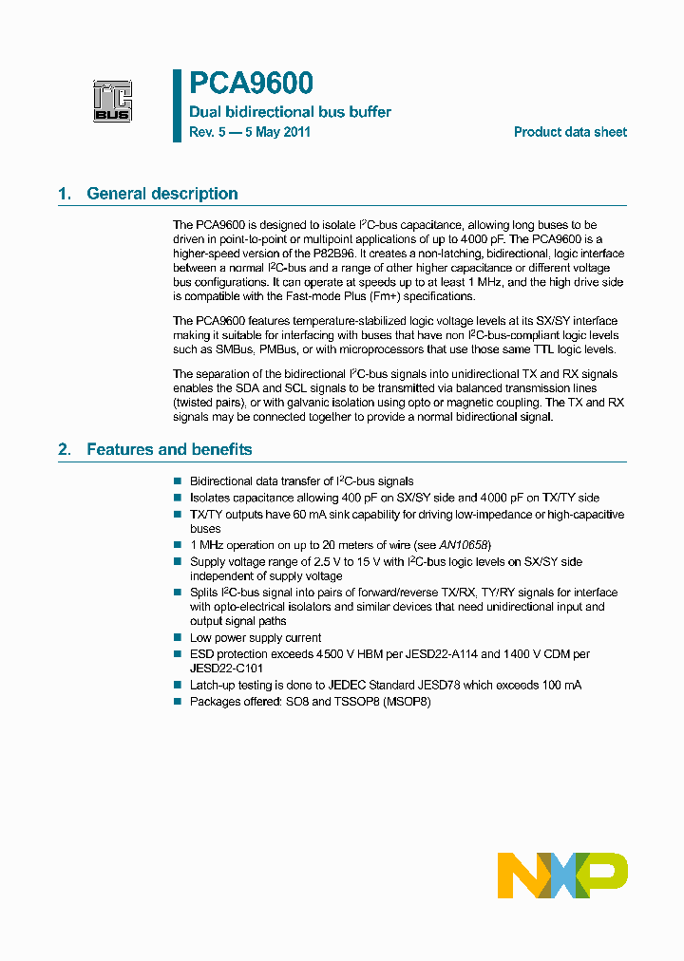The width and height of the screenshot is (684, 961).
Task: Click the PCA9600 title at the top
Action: [x=252, y=85]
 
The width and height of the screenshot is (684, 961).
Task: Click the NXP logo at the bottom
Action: [x=562, y=875]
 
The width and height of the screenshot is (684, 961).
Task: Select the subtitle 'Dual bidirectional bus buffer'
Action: [x=290, y=112]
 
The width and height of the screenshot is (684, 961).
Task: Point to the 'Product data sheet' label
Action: [x=570, y=132]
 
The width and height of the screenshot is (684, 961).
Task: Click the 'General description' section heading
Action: [x=161, y=194]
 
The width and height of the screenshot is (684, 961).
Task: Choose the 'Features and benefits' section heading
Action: [x=169, y=449]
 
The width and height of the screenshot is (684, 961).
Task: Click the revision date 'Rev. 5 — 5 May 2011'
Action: [x=250, y=132]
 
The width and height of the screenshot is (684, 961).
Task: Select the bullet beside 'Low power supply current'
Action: [x=178, y=638]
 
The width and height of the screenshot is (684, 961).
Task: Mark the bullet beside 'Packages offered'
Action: [x=178, y=702]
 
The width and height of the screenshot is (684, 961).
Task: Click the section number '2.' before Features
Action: [x=65, y=449]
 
